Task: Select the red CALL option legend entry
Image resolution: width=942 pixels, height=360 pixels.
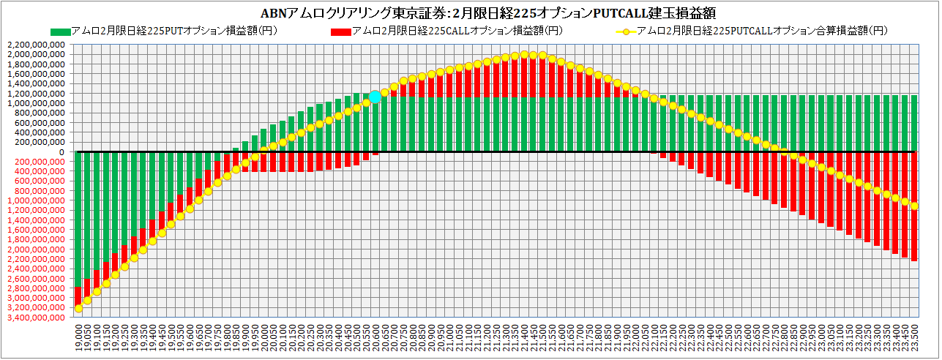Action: (x=446, y=31)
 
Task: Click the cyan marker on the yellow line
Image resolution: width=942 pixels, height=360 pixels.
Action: (x=375, y=97)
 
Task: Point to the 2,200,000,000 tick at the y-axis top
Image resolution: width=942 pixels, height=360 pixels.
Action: (x=36, y=45)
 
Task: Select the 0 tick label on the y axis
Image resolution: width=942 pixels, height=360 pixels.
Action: (x=62, y=152)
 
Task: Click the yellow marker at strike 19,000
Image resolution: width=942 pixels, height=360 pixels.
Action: (x=79, y=308)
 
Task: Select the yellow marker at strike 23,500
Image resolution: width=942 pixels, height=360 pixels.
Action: (x=915, y=206)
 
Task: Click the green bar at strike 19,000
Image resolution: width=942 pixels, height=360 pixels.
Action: (x=79, y=219)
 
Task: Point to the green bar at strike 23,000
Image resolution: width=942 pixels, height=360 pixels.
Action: (x=822, y=124)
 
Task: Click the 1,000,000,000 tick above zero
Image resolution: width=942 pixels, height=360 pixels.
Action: (x=36, y=103)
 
